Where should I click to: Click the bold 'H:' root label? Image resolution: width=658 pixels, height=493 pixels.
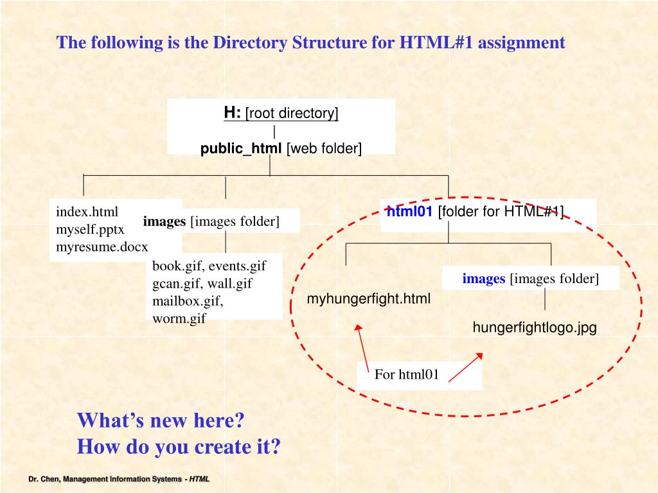(x=232, y=113)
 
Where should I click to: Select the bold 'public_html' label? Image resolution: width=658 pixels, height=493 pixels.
(x=241, y=148)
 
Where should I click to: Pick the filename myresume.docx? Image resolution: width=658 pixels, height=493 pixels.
(x=102, y=246)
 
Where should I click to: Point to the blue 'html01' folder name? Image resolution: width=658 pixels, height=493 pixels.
(x=409, y=211)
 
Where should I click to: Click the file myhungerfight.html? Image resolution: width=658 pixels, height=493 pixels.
(x=369, y=298)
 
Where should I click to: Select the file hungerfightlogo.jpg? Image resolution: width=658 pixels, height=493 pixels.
(x=535, y=327)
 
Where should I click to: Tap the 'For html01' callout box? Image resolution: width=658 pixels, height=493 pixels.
(x=407, y=375)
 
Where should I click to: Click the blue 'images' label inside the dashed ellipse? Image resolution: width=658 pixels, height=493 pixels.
(x=483, y=279)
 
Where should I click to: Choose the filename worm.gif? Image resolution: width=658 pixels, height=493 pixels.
(x=179, y=318)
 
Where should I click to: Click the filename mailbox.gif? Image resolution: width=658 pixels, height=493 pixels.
(x=187, y=300)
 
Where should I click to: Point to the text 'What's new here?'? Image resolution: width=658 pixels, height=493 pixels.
(x=161, y=421)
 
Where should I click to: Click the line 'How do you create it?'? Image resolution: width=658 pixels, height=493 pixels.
(x=179, y=446)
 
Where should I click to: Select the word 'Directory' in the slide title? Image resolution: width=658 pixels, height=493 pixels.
(x=251, y=43)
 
